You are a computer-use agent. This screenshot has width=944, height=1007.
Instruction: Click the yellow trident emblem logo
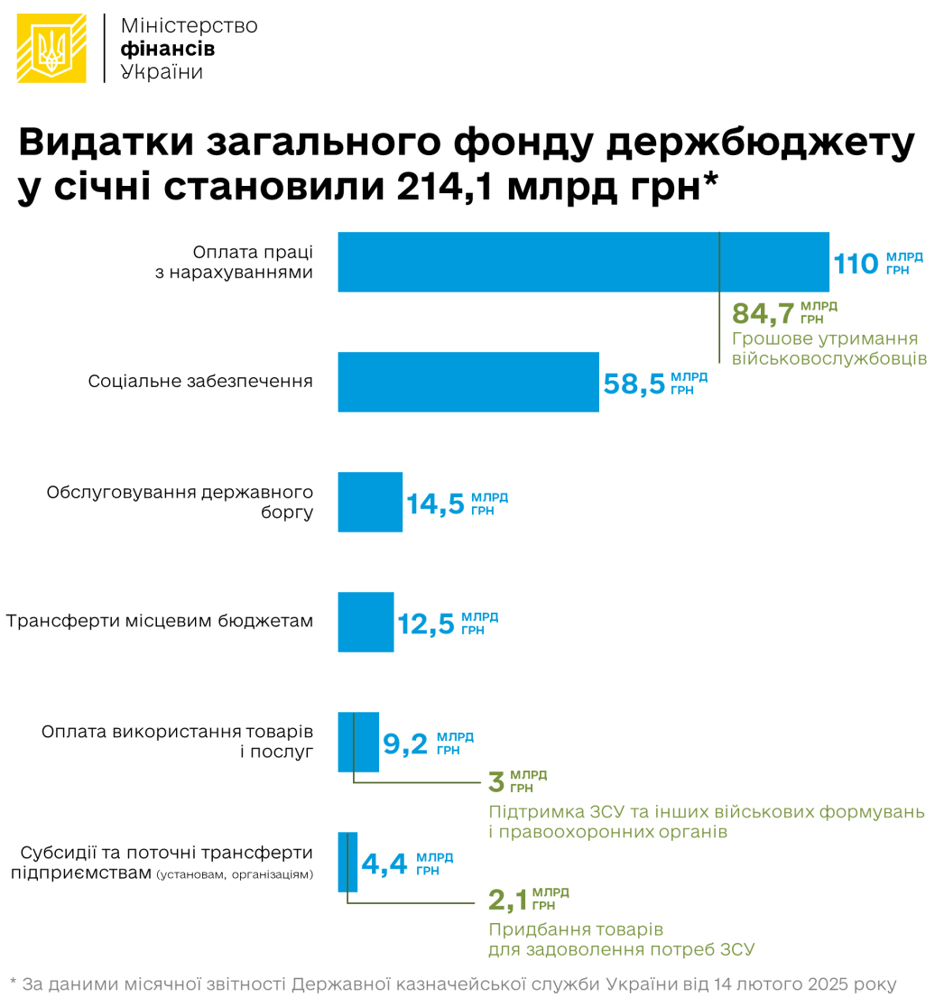(52, 49)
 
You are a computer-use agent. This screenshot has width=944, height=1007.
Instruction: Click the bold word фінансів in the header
(167, 49)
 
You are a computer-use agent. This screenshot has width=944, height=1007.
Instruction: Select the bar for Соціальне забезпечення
(467, 382)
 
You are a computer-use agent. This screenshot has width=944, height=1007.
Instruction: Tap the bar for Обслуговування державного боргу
(370, 502)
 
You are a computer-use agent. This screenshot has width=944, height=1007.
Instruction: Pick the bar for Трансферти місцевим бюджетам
(366, 622)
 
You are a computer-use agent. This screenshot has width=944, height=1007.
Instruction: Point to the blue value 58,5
(634, 383)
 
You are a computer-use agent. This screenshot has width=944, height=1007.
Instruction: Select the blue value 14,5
(435, 503)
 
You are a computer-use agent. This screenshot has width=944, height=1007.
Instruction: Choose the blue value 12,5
(426, 624)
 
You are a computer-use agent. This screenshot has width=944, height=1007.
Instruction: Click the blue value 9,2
(405, 744)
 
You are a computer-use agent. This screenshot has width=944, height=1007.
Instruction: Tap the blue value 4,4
(384, 864)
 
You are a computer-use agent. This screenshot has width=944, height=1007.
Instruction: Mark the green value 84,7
(764, 313)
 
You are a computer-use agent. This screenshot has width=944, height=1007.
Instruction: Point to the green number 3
(496, 781)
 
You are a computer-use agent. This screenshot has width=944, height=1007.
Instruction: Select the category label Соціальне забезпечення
(200, 382)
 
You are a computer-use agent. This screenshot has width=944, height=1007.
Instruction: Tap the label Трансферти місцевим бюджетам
(160, 622)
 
